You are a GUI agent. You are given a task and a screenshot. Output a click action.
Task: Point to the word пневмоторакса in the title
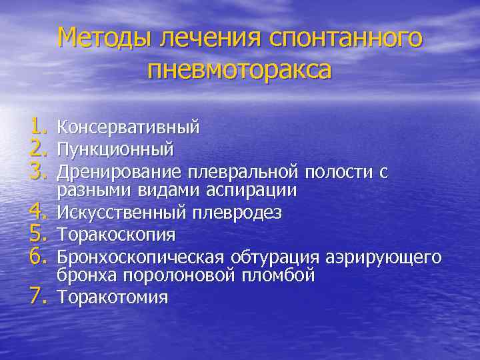point(240,69)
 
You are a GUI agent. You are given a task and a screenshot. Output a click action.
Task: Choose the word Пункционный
point(116,147)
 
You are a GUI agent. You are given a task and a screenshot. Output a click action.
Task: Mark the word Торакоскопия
point(117,235)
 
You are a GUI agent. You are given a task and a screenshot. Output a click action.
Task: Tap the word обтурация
point(276,257)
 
